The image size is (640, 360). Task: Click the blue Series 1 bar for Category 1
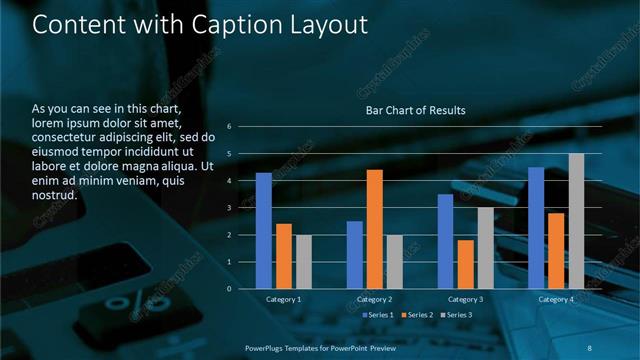[263, 231]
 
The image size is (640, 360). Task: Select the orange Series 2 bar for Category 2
[374, 229]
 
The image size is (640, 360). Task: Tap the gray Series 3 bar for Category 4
[576, 221]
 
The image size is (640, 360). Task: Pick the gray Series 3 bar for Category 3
[485, 248]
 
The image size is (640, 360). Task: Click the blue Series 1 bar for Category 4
[536, 228]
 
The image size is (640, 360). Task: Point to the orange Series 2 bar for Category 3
[465, 264]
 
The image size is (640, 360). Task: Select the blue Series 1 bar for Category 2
[355, 255]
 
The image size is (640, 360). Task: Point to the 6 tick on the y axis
[229, 127]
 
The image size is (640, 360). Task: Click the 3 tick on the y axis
[229, 208]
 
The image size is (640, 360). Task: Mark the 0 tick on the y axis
[229, 289]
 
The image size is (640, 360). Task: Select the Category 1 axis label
[284, 299]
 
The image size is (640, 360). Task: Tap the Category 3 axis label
[465, 299]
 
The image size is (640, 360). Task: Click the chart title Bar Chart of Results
[415, 110]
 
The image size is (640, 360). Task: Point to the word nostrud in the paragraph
[54, 195]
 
